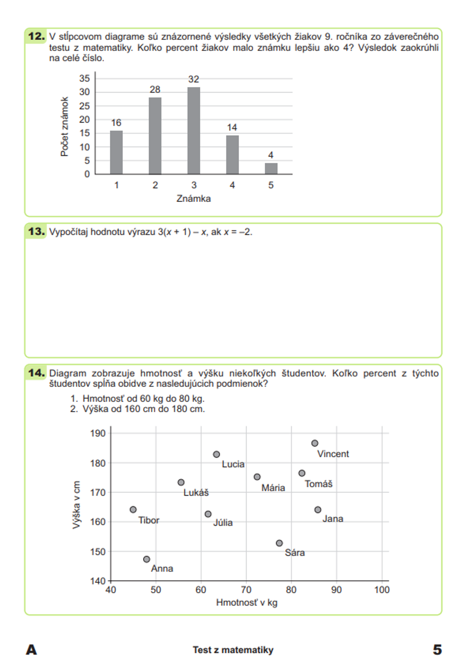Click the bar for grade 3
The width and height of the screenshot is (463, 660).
[x=194, y=131]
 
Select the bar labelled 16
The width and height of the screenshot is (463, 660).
[x=116, y=152]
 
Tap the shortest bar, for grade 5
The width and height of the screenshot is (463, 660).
[x=271, y=169]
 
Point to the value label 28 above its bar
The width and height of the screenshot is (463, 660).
[x=155, y=89]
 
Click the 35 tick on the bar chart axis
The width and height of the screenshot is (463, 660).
[x=84, y=78]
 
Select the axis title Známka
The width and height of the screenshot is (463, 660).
[x=194, y=199]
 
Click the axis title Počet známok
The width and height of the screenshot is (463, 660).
[x=64, y=126]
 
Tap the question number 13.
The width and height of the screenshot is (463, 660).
[x=37, y=232]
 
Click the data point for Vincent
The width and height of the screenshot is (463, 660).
[x=315, y=443]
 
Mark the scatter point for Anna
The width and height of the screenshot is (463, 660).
[x=147, y=559]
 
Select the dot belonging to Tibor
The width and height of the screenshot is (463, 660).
[x=133, y=509]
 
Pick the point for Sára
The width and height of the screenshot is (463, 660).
[x=279, y=543]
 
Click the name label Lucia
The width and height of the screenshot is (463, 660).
[x=233, y=464]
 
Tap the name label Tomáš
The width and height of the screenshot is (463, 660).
[x=319, y=484]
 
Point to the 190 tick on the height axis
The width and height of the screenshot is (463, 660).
[x=98, y=434]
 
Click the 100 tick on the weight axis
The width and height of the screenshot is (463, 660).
[x=382, y=590]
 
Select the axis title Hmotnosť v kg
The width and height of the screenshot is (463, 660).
[x=247, y=603]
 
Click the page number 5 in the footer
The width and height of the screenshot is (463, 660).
[x=437, y=650]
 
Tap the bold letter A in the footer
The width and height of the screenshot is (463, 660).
[x=31, y=650]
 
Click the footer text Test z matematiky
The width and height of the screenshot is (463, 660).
[x=233, y=650]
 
